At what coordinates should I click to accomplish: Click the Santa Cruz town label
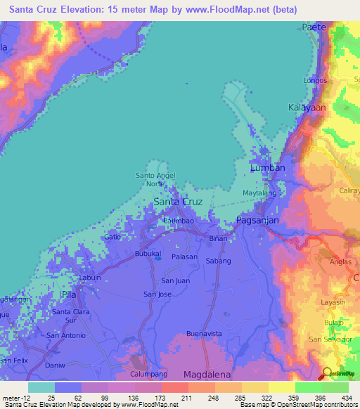[178, 202]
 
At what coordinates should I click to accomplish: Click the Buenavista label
[204, 332]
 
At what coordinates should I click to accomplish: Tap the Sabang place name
[219, 260]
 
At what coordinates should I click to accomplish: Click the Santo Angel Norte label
[155, 179]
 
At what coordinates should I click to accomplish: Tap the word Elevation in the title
[91, 9]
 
